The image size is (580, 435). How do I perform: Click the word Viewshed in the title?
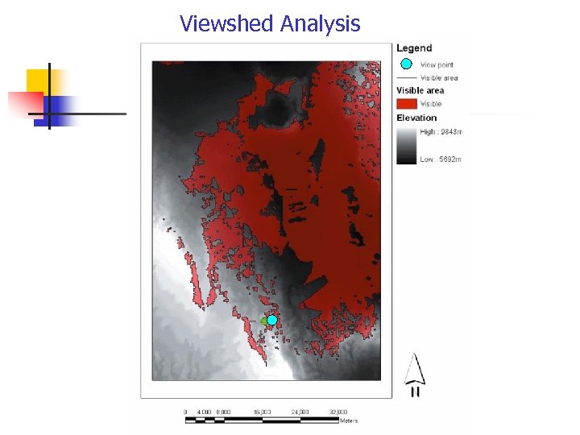[x=226, y=23]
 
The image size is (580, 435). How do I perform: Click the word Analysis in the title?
[x=320, y=23]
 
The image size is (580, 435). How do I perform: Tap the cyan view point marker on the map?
[x=272, y=320]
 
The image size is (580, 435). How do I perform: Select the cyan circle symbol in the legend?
[x=406, y=64]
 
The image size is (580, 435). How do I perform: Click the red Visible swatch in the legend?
[x=406, y=103]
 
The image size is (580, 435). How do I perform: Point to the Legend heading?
[x=414, y=48]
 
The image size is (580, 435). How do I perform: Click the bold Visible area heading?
[x=420, y=90]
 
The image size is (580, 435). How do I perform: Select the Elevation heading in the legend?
[x=416, y=118]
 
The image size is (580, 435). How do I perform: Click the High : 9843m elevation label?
[x=441, y=131]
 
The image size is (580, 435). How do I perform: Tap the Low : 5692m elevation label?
[x=441, y=159]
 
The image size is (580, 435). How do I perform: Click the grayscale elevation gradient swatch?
[x=406, y=146]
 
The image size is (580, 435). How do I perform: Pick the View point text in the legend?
[x=437, y=64]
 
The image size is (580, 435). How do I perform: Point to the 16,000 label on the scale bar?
[x=262, y=412]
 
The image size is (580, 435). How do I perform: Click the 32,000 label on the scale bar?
[x=338, y=412]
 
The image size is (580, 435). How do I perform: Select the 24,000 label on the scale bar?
[x=300, y=412]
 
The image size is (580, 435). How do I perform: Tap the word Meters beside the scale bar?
[x=349, y=420]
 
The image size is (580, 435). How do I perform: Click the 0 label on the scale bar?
[x=185, y=412]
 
